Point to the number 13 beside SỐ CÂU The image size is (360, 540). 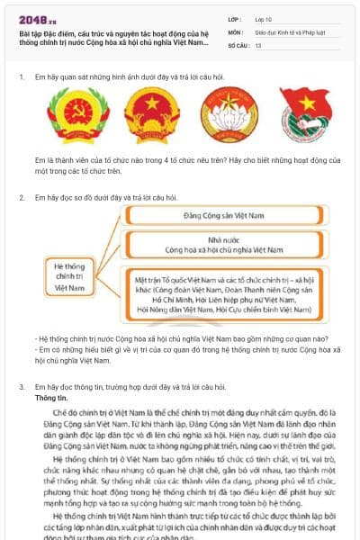[x=258, y=44]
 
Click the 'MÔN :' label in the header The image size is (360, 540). [x=237, y=31]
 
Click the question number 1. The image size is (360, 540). [x=21, y=76]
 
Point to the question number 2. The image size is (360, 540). [x=21, y=196]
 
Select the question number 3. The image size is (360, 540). [x=21, y=386]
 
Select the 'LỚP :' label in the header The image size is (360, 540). [x=236, y=18]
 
